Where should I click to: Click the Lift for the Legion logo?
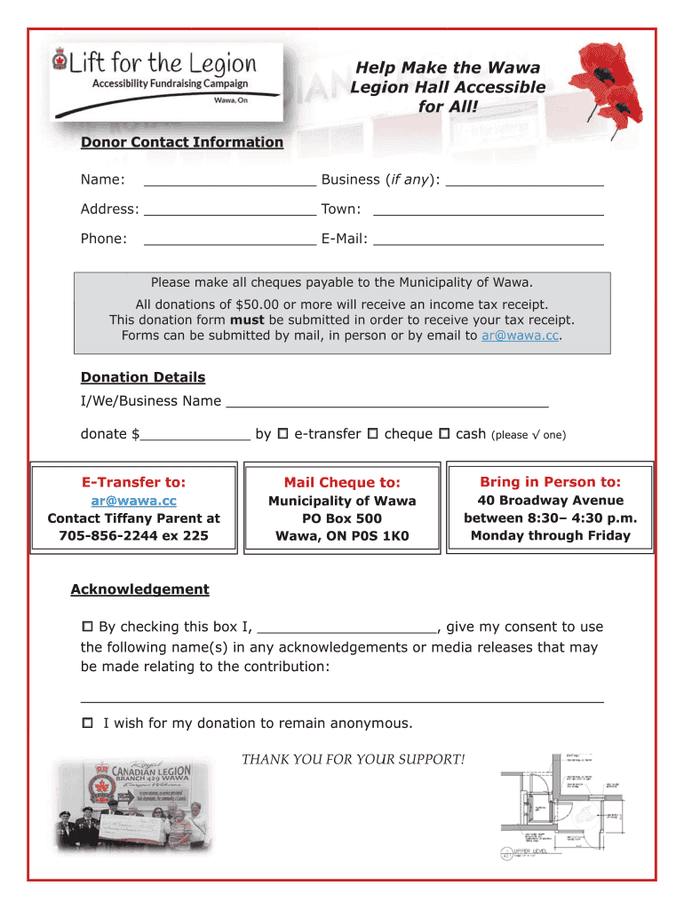pos(165,81)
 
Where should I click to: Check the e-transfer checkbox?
pos(282,434)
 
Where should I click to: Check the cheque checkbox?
pos(373,434)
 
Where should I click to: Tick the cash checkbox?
pos(445,434)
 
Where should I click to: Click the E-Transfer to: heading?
pos(133,482)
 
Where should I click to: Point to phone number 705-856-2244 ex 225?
pos(133,535)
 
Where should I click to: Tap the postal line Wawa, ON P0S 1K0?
pos(342,536)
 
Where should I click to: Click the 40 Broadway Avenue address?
pos(550,501)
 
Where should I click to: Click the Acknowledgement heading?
pos(139,589)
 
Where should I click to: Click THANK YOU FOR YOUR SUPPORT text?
pos(353,759)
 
